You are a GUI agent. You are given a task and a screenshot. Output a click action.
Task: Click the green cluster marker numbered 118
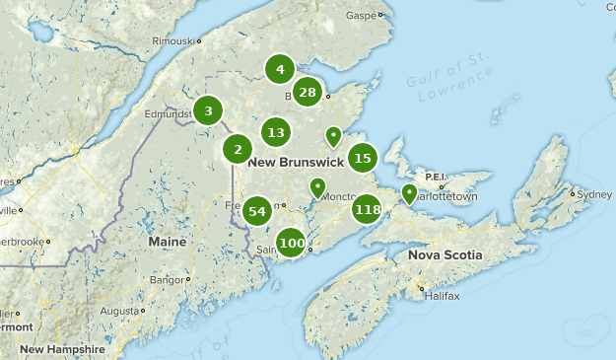(x=367, y=209)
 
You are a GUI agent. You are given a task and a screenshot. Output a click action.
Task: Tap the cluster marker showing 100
(x=291, y=243)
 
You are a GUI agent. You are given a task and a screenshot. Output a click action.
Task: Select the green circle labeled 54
(x=258, y=210)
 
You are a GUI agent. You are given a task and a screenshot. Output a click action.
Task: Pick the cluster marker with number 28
(x=308, y=93)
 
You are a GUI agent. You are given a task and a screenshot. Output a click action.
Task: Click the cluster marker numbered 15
(x=363, y=157)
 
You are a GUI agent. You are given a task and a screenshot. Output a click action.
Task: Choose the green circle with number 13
(x=276, y=132)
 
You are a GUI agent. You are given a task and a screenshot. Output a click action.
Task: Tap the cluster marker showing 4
(x=280, y=69)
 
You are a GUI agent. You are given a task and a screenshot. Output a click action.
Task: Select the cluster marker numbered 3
(x=208, y=110)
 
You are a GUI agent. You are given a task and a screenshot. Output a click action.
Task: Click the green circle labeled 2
(x=238, y=149)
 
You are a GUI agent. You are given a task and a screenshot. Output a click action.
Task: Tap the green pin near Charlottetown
(x=409, y=193)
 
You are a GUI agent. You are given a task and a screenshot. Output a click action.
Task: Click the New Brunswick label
(x=295, y=161)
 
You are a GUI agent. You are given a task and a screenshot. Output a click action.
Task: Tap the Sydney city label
(x=594, y=194)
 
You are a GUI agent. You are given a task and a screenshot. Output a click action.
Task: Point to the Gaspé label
(x=362, y=16)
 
